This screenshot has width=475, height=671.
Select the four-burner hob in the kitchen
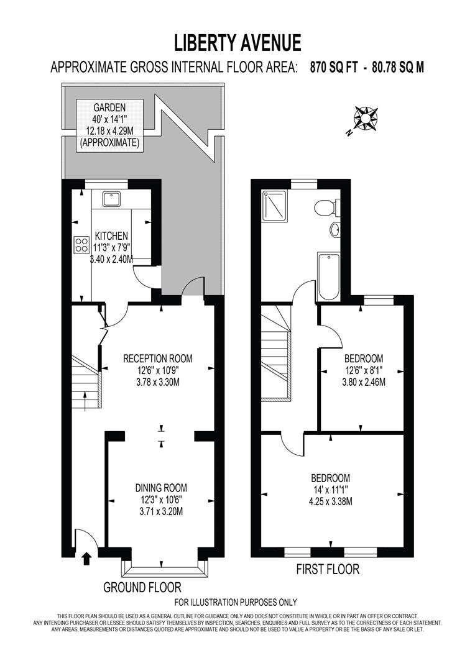[82, 244]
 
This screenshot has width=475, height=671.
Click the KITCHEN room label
[111, 236]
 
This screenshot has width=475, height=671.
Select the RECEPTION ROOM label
[158, 358]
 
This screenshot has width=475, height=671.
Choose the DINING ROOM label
[162, 488]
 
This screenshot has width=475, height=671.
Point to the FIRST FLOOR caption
[328, 569]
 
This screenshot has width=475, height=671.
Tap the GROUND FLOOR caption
[142, 587]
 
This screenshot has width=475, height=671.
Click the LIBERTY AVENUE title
[237, 43]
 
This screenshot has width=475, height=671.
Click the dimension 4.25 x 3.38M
[331, 501]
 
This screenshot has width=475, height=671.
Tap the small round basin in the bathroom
[334, 229]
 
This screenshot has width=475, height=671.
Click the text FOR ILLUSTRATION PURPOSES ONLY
[236, 602]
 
